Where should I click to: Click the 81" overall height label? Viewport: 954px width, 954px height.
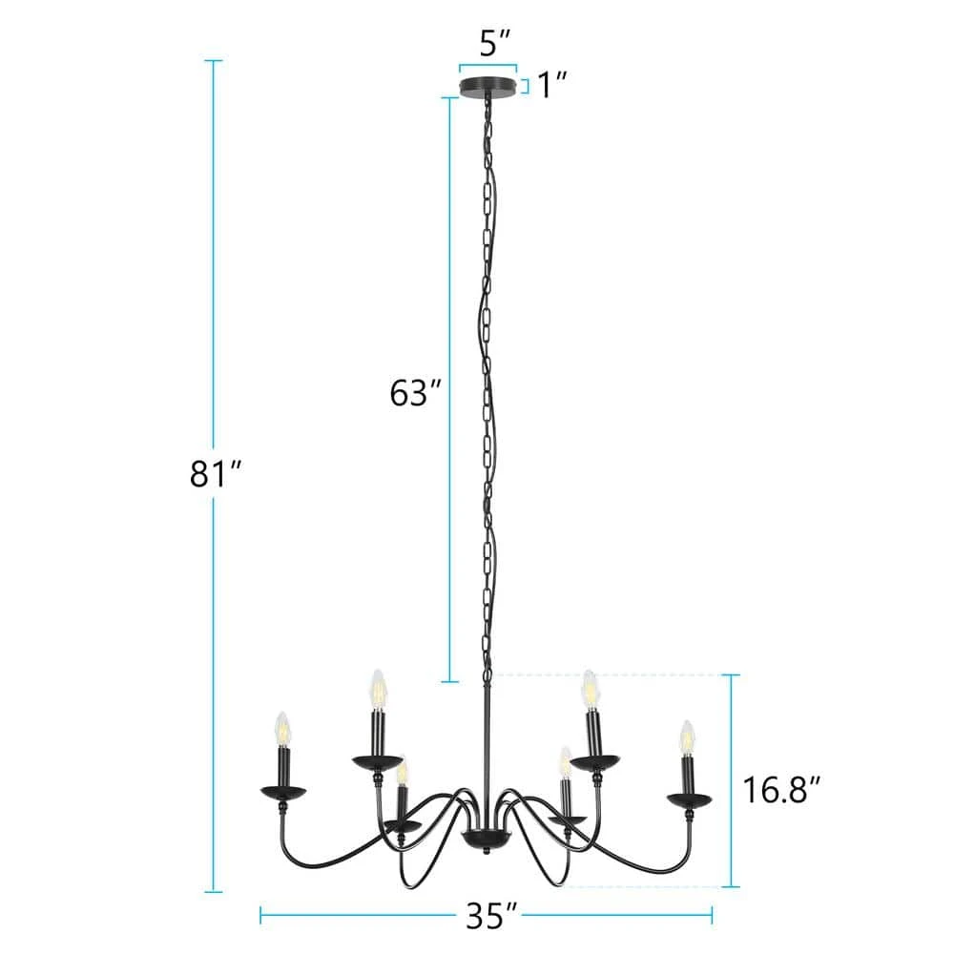coord(216,474)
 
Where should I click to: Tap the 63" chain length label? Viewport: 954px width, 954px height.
coord(416,392)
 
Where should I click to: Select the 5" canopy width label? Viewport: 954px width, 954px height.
coord(494,43)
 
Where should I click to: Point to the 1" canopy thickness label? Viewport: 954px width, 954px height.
coord(552,85)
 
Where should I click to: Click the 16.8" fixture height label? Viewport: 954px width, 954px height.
coord(782,790)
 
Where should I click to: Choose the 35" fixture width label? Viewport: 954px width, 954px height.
coord(491,916)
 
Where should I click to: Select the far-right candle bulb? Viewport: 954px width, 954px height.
coord(688,737)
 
